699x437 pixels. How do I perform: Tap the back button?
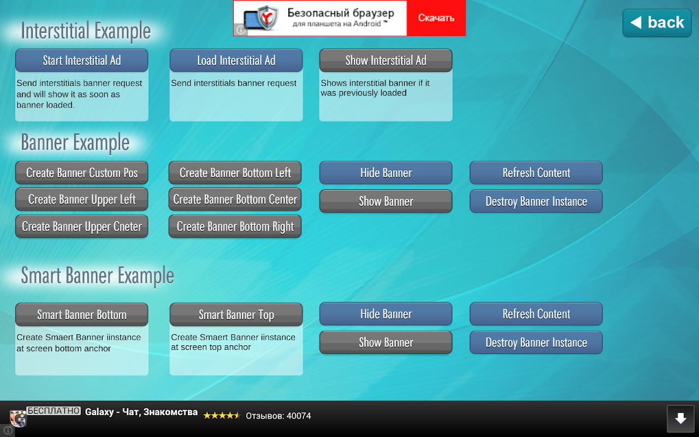pyautogui.click(x=657, y=23)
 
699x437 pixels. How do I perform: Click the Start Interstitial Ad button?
pyautogui.click(x=82, y=60)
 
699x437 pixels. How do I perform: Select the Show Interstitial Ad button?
pyautogui.click(x=386, y=60)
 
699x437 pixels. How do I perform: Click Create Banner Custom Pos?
pyautogui.click(x=82, y=173)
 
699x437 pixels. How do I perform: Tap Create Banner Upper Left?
pyautogui.click(x=82, y=199)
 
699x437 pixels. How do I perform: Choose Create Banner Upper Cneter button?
pyautogui.click(x=82, y=226)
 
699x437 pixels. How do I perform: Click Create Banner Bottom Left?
pyautogui.click(x=235, y=173)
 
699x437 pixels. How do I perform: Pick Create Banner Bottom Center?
pyautogui.click(x=235, y=199)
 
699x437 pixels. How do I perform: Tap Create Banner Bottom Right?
pyautogui.click(x=235, y=226)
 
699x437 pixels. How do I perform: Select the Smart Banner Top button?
pyautogui.click(x=236, y=315)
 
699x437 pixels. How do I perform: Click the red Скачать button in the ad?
pyautogui.click(x=436, y=18)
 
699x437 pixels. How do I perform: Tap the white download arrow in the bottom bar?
pyautogui.click(x=680, y=418)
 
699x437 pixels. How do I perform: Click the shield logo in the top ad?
pyautogui.click(x=267, y=17)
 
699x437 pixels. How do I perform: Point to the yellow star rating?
pyautogui.click(x=222, y=416)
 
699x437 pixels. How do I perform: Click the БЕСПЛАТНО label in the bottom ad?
pyautogui.click(x=54, y=410)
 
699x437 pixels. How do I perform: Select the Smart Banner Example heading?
pyautogui.click(x=97, y=276)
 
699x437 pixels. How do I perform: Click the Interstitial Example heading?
pyautogui.click(x=86, y=31)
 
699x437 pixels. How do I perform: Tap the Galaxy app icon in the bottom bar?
pyautogui.click(x=18, y=418)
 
